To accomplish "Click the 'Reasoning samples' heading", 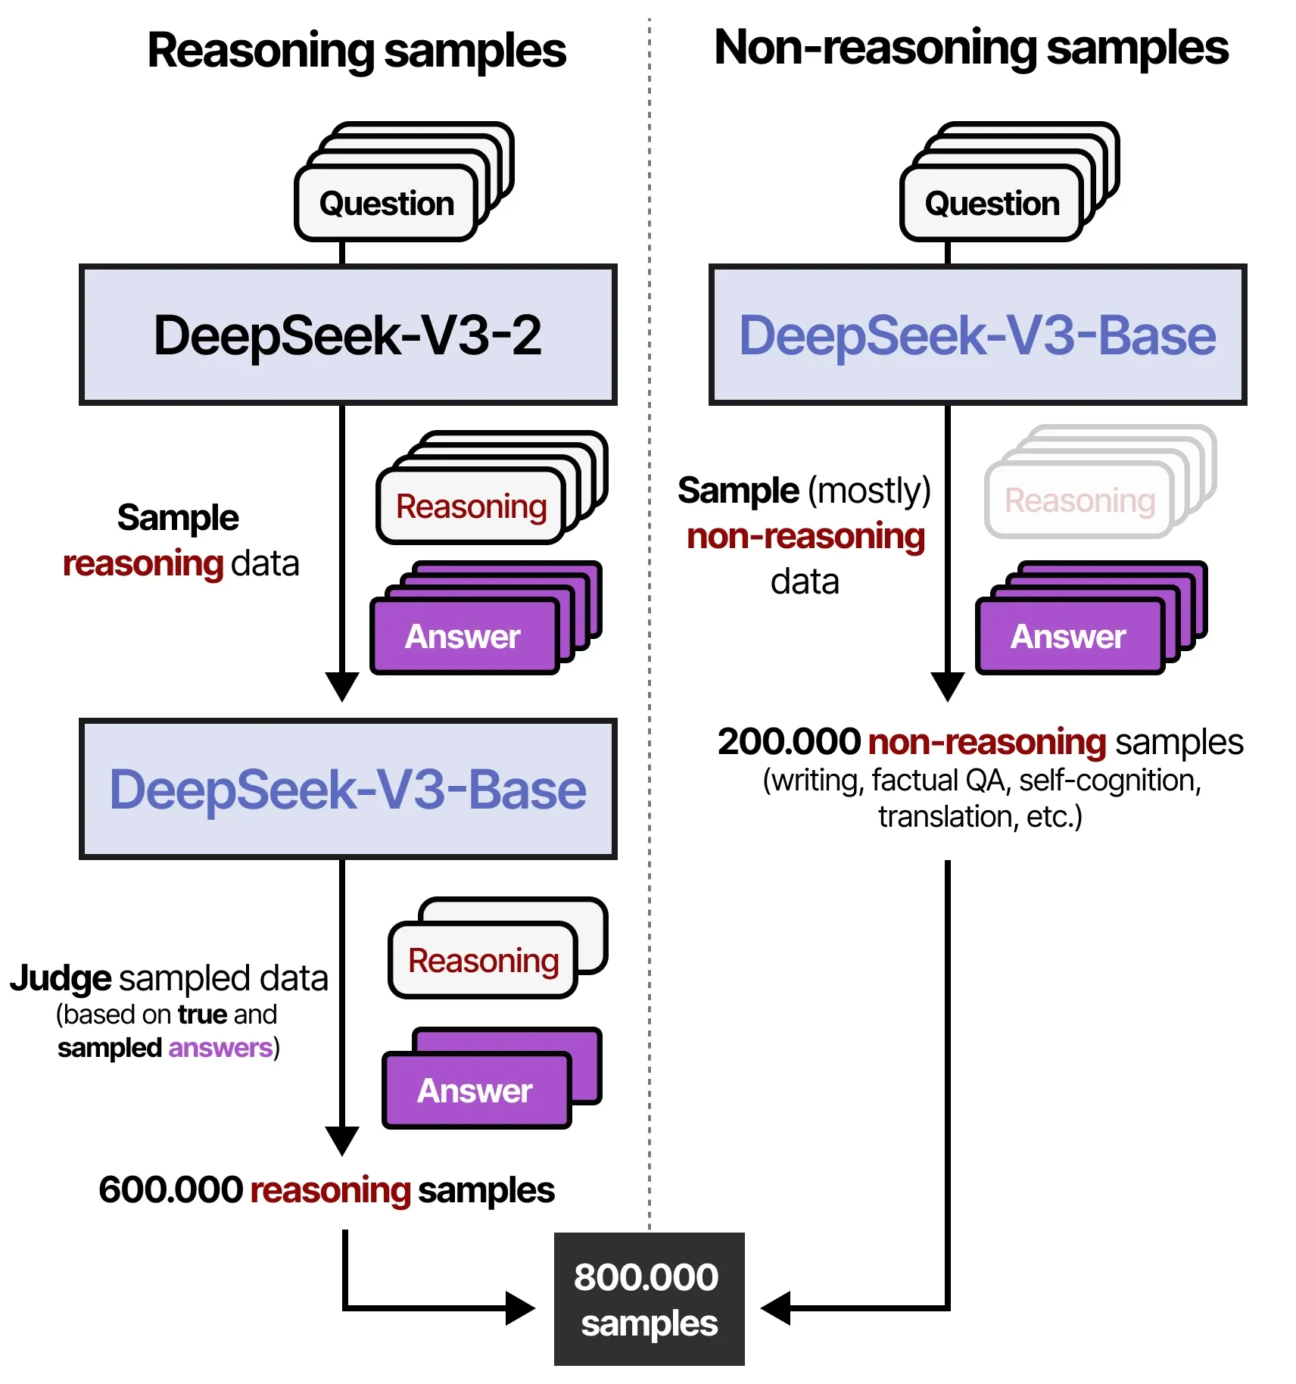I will pyautogui.click(x=356, y=51).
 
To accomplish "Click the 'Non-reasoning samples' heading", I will pyautogui.click(x=970, y=48).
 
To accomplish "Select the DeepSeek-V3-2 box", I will pyautogui.click(x=347, y=335).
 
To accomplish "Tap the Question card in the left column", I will pyautogui.click(x=386, y=204).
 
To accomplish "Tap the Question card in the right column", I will pyautogui.click(x=992, y=204).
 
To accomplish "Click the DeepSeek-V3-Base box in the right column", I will pyautogui.click(x=977, y=335).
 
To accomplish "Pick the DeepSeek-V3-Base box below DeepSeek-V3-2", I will pyautogui.click(x=347, y=789).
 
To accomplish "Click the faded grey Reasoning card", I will pyautogui.click(x=1079, y=500).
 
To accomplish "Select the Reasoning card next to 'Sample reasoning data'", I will pyautogui.click(x=471, y=507).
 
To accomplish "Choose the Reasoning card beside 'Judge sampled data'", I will pyautogui.click(x=483, y=961).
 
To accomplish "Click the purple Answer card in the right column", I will pyautogui.click(x=1068, y=637).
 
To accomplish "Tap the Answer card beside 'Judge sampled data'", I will pyautogui.click(x=475, y=1091).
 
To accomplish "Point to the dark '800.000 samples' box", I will pyautogui.click(x=649, y=1299).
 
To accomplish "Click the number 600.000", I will pyautogui.click(x=170, y=1189).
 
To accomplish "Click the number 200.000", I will pyautogui.click(x=789, y=742).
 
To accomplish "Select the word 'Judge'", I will pyautogui.click(x=61, y=978).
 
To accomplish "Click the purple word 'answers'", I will pyautogui.click(x=220, y=1048).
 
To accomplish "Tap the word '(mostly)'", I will pyautogui.click(x=869, y=491).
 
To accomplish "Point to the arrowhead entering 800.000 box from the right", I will pyautogui.click(x=775, y=1308).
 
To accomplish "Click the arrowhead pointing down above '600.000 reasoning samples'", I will pyautogui.click(x=342, y=1140).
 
